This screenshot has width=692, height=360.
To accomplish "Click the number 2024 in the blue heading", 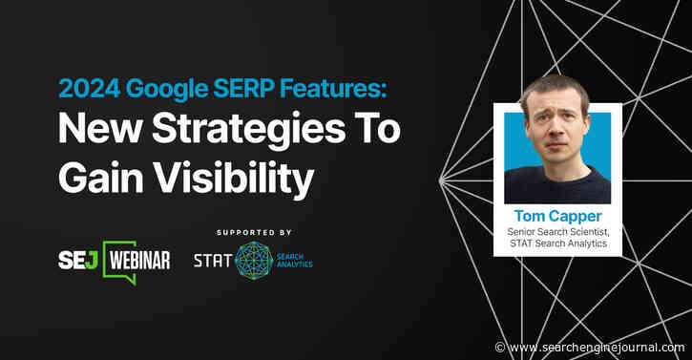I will [x=83, y=90].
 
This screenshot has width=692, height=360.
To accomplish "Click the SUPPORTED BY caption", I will [x=254, y=232].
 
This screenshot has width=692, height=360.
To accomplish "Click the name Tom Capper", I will [x=556, y=217].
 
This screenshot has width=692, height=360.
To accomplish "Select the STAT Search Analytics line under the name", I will [x=557, y=248].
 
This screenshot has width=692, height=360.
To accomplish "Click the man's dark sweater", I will [x=556, y=188].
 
